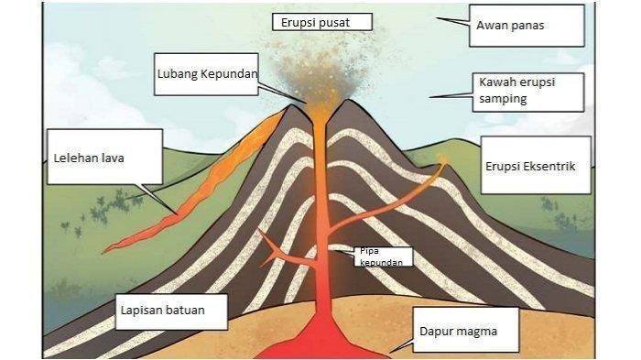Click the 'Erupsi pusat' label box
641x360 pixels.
click(322, 22)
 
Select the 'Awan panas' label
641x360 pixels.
click(527, 26)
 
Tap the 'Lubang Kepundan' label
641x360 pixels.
click(206, 74)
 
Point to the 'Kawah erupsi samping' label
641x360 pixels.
click(528, 92)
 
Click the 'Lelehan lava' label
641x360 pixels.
click(105, 157)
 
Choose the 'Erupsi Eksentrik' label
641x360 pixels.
click(536, 165)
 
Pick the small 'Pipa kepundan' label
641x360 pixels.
click(384, 256)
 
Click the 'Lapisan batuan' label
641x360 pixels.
click(171, 311)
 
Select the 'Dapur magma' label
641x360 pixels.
click(466, 330)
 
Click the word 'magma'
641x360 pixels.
click(477, 332)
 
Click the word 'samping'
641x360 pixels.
click(503, 99)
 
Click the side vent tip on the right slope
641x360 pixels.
click(443, 158)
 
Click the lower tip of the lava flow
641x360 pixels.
click(104, 250)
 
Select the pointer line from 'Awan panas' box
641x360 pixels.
click(452, 21)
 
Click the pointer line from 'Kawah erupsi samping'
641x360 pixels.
click(451, 96)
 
